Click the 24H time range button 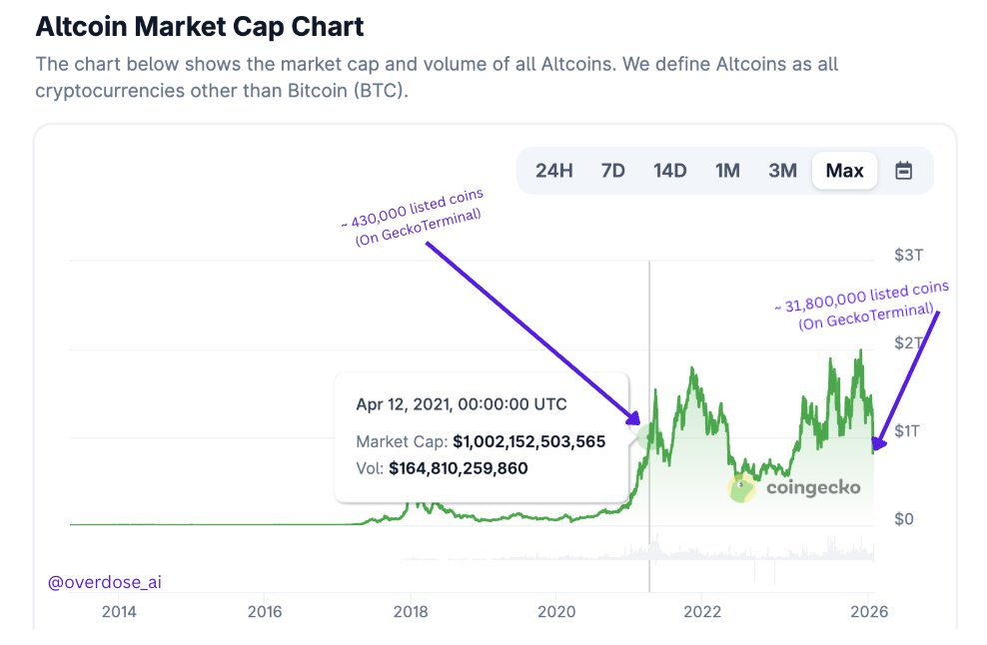[553, 171]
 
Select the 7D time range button [612, 171]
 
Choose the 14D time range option [669, 171]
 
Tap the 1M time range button [727, 171]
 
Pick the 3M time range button [783, 171]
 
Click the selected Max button [844, 171]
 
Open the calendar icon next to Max [903, 171]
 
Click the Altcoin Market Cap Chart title [200, 27]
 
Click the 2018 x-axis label [409, 612]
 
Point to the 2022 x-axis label [702, 612]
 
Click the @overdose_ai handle [103, 582]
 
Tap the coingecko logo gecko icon [741, 488]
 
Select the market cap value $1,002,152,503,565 [528, 441]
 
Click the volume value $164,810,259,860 [458, 467]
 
